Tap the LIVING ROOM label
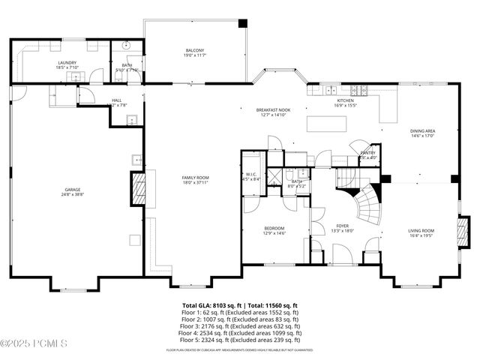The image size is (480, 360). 421,232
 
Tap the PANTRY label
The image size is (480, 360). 367,154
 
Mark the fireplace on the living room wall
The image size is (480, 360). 463,232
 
